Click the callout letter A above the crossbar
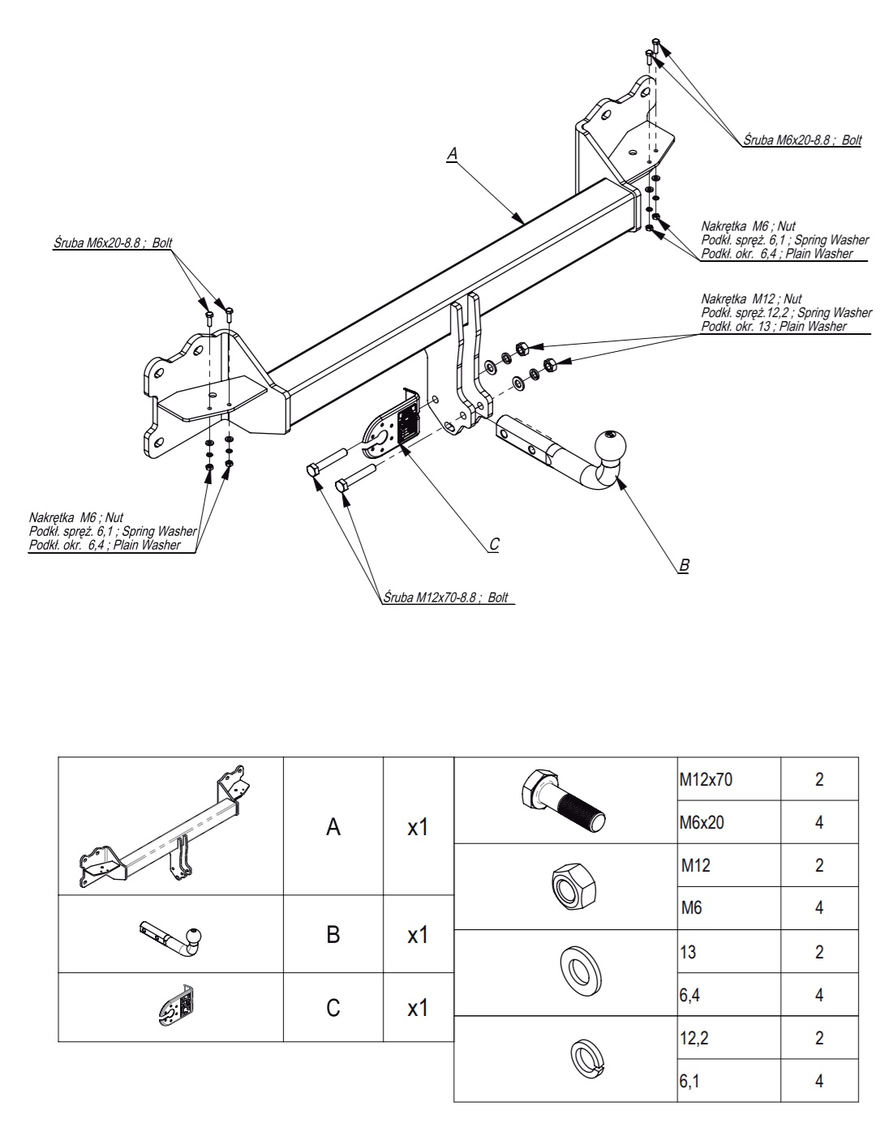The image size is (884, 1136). coord(453,153)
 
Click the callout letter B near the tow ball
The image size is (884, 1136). coord(683,565)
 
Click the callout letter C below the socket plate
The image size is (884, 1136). coord(494,544)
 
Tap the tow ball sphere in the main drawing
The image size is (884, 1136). coord(609,447)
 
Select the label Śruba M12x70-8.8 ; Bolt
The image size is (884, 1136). coord(445,598)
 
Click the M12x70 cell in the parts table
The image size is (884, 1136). coord(728,779)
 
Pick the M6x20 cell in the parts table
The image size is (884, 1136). coord(728,822)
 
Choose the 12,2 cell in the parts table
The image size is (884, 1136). coord(728,1037)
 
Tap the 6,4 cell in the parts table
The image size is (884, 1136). coord(728,994)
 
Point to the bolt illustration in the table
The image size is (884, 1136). coord(564,799)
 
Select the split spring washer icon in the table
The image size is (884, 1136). coord(586,1057)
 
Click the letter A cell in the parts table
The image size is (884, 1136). coord(333,827)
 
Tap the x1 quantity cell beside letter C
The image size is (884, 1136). coord(418,1008)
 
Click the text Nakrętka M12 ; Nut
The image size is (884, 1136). coord(751,299)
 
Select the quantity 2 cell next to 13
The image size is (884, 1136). coord(819,951)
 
